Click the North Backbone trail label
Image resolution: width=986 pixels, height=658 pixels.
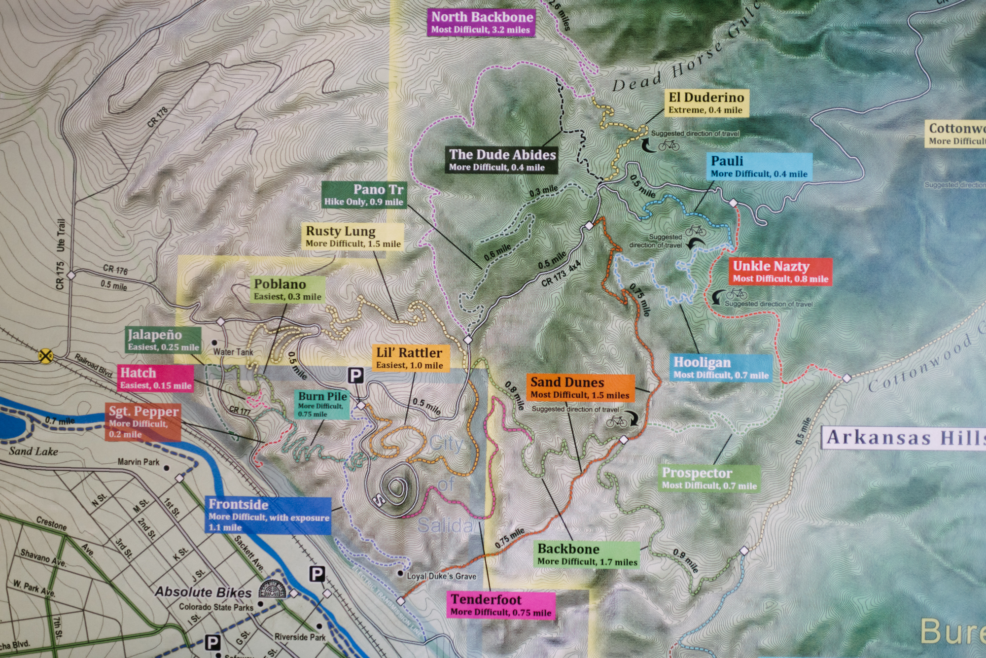482,23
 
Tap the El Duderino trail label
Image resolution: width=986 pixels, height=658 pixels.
706,103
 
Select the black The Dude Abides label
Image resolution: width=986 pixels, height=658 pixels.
502,160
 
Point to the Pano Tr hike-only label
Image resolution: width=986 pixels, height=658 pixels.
364,195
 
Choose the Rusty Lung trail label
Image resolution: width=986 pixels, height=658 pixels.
353,237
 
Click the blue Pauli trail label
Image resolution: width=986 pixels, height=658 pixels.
759,167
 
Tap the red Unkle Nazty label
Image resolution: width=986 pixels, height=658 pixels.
780,272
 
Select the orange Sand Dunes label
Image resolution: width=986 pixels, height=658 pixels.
580,388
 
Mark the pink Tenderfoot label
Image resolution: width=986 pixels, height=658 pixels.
501,605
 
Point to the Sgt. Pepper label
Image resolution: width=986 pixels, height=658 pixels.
143,421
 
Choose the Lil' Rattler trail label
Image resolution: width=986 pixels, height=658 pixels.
410,358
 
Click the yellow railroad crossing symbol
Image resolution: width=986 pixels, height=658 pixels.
46,355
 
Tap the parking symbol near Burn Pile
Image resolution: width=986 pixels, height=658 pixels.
355,376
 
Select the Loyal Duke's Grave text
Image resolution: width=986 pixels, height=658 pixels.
441,576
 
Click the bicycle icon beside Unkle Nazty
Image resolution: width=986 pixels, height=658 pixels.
737,294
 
